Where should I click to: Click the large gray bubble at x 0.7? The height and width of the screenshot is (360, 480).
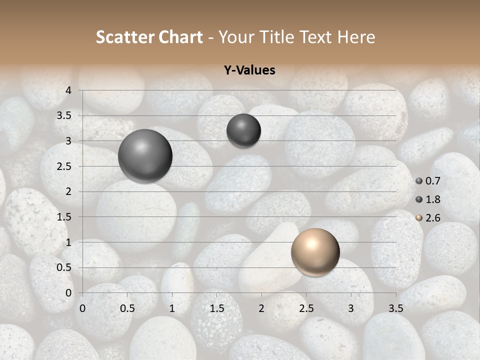point(145,155)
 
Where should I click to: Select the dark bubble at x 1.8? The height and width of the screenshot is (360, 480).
point(243,130)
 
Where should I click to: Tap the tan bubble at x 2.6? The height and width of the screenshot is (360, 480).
point(315,252)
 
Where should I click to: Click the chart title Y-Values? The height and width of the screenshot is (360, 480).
point(249,70)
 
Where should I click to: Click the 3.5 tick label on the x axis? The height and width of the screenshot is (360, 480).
point(396,308)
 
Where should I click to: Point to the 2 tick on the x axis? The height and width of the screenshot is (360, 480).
point(261,308)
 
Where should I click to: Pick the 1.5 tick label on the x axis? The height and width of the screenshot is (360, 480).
point(216,308)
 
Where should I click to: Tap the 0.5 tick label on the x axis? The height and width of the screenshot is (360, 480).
point(127,308)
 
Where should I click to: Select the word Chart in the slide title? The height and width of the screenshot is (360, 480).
point(180,37)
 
